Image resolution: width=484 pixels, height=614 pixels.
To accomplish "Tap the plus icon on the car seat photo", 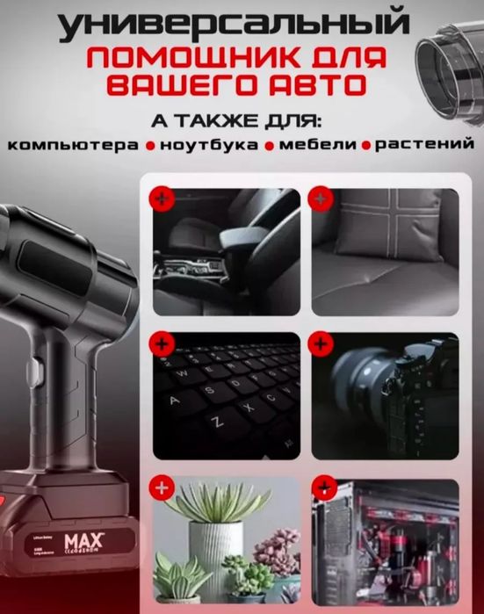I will point(162,199).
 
